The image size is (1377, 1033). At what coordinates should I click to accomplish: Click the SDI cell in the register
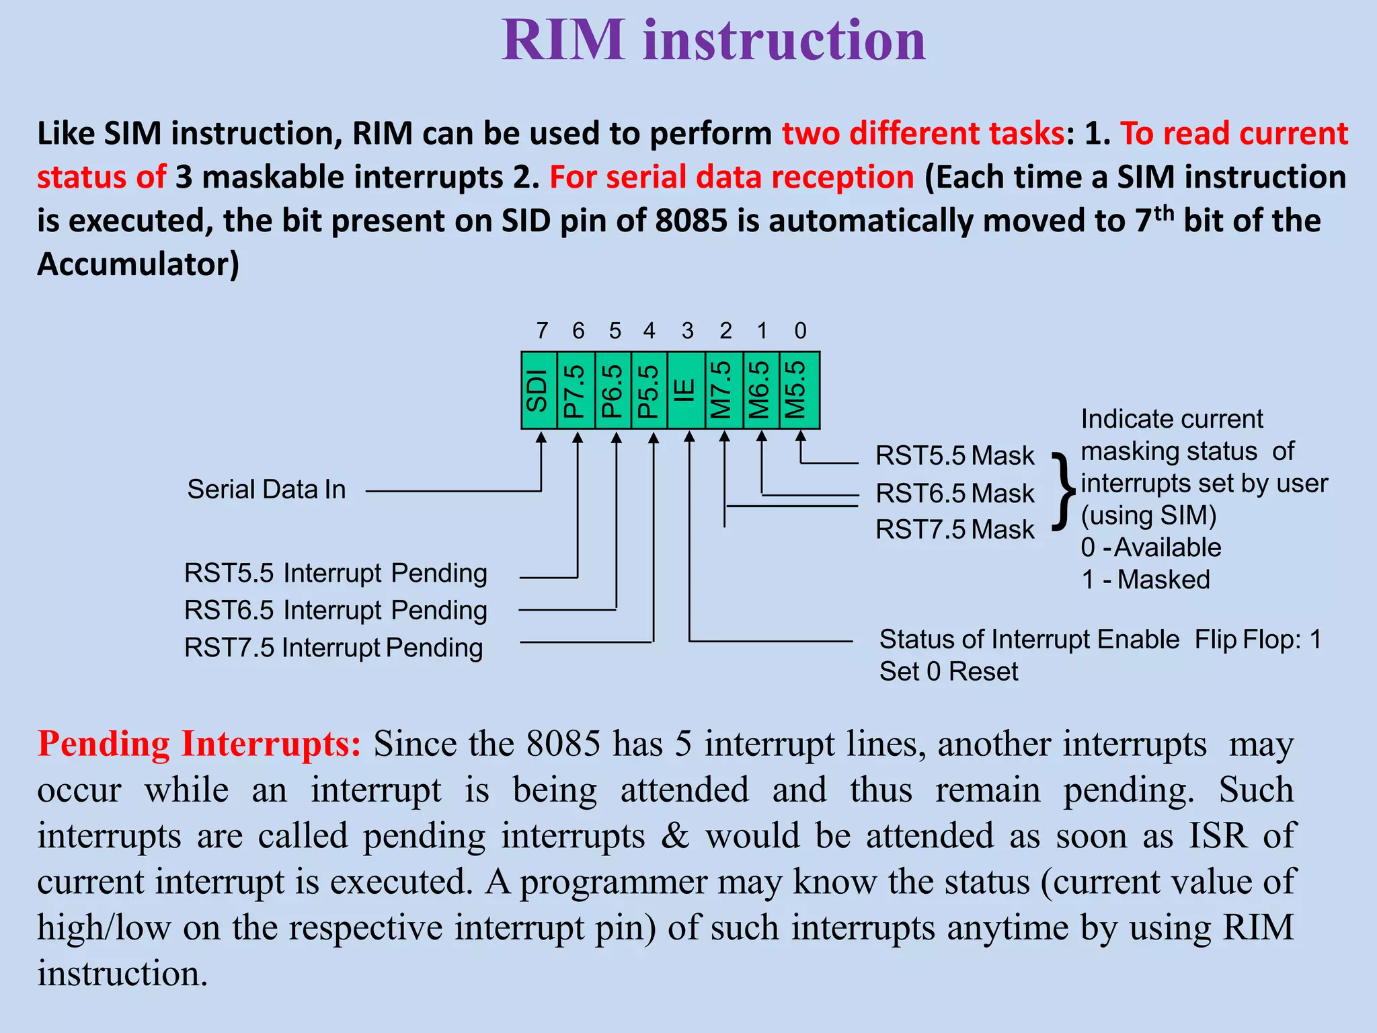coord(539,390)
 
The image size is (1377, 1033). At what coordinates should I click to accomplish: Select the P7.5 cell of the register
coord(576,390)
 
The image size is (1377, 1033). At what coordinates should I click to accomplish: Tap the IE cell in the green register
coord(685,390)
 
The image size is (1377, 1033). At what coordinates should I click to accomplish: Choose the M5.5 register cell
coord(799,390)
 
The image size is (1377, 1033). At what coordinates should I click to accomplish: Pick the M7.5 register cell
coord(723,390)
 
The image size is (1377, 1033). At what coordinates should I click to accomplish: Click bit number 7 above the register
coord(542,331)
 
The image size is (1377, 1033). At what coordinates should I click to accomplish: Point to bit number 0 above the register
coord(800,331)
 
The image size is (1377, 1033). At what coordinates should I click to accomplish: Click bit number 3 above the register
coord(687,331)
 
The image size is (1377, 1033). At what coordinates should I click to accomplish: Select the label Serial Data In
coord(266,490)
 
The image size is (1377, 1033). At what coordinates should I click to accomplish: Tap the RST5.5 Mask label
coord(955,456)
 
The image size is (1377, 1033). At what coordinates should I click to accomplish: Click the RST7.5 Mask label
coord(955,530)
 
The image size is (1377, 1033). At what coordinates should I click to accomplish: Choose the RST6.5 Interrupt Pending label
coord(336,611)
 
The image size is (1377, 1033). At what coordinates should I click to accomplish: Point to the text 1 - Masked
coord(1146,580)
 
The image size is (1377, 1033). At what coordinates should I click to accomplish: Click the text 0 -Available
coord(1150,547)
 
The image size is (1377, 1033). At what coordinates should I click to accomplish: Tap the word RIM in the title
coord(563,40)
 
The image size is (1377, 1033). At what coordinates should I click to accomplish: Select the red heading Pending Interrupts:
coord(199,744)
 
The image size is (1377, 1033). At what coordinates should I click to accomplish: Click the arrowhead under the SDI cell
coord(541,438)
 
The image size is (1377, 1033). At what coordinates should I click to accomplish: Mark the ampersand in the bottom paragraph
coord(675,836)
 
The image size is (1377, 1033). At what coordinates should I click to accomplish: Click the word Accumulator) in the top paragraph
coord(138,264)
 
